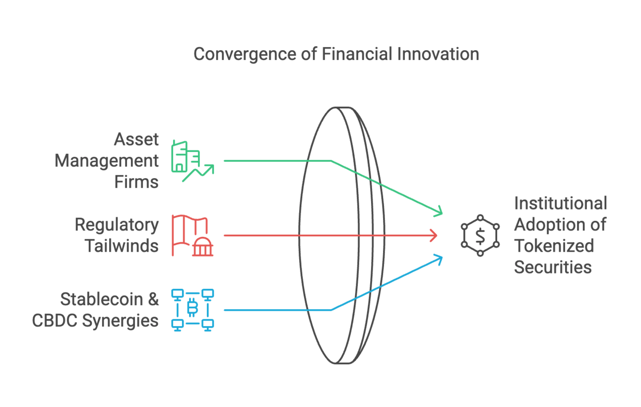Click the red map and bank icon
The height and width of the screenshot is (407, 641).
click(193, 235)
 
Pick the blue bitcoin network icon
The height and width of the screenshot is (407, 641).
click(192, 310)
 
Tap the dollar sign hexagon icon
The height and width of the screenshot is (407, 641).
click(480, 235)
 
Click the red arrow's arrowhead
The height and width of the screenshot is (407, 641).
click(435, 235)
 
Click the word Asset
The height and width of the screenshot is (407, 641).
click(136, 139)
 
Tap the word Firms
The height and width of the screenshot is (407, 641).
click(136, 182)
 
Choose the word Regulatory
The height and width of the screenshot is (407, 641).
click(117, 225)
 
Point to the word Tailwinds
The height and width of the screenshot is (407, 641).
click(122, 246)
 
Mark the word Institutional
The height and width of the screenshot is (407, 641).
click(560, 203)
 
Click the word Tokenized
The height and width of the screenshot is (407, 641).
click(554, 246)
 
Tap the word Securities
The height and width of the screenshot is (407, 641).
click(553, 267)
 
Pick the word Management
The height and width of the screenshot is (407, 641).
click(107, 161)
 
